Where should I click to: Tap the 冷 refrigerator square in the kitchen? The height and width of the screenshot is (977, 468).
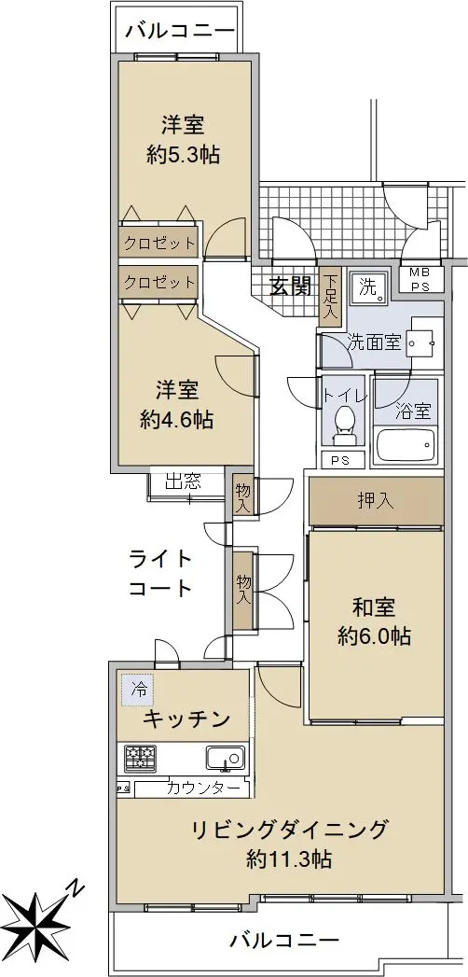click(138, 690)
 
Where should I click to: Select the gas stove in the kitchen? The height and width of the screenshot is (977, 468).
click(141, 758)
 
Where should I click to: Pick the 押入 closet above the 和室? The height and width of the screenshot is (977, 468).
click(377, 502)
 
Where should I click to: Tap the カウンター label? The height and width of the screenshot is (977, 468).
click(203, 789)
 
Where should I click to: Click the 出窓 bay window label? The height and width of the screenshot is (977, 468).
click(183, 481)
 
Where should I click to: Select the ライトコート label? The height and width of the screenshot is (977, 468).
click(160, 573)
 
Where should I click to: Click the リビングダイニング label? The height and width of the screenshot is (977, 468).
click(289, 830)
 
